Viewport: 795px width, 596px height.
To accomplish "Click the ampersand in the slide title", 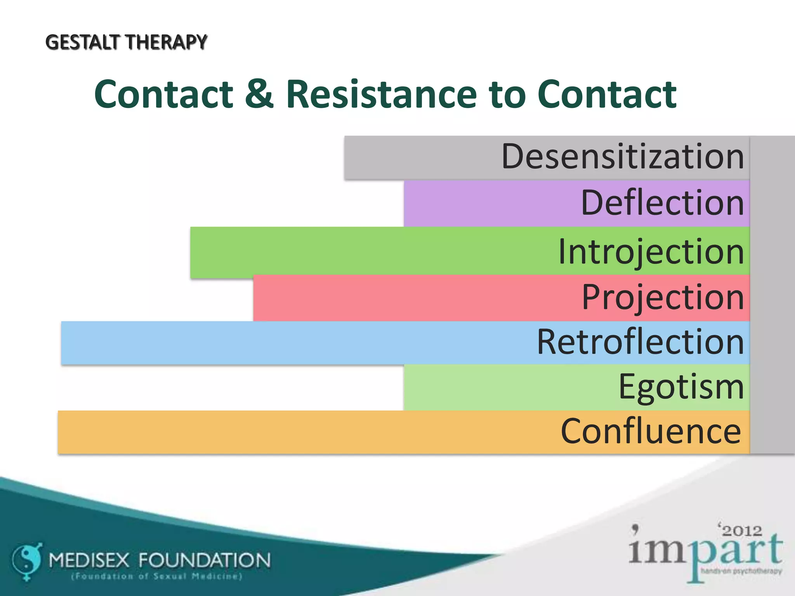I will (x=259, y=94).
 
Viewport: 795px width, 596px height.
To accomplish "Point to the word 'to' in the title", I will (x=507, y=95).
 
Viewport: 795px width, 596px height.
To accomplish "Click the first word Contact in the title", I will (x=163, y=94).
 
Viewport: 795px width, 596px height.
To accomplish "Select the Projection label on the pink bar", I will (x=663, y=297).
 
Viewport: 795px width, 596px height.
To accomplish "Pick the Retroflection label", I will (x=640, y=342).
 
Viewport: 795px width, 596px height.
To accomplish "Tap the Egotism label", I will (x=681, y=387).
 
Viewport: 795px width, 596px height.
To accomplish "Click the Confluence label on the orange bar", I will (x=651, y=431).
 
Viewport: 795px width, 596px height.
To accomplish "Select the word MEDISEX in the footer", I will (x=89, y=560).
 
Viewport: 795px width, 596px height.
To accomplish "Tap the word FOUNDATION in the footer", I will (x=205, y=560).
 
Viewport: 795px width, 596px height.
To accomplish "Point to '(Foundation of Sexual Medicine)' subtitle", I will (x=157, y=577).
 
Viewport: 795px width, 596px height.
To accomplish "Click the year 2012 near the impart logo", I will (x=742, y=530).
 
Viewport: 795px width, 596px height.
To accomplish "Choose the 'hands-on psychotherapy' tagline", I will (x=741, y=571).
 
